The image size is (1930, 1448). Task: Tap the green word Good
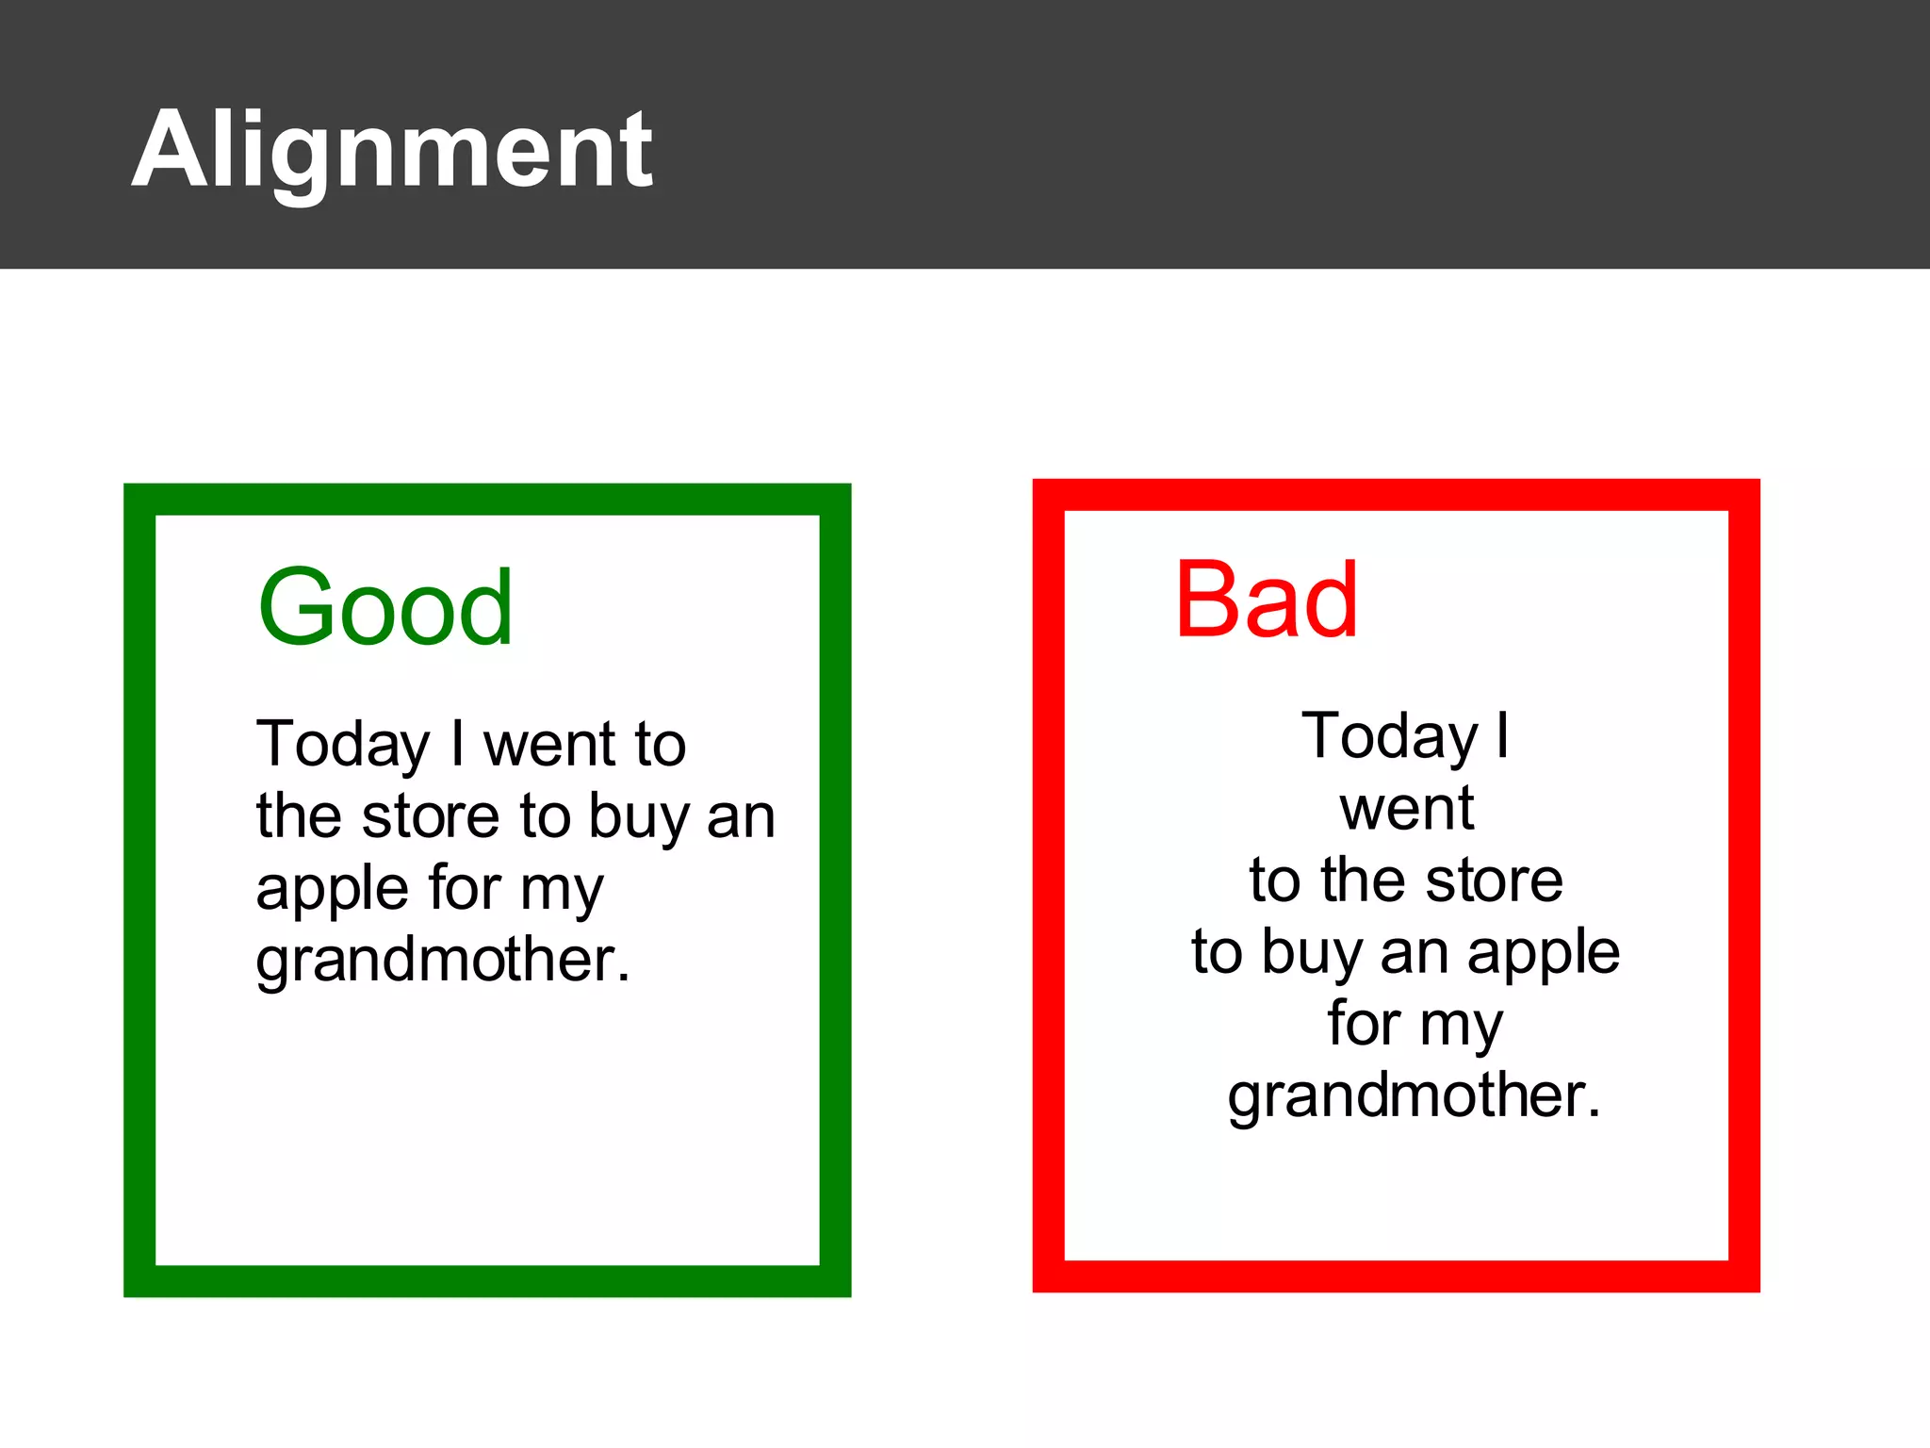tap(385, 608)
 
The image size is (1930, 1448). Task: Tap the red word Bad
tap(1266, 601)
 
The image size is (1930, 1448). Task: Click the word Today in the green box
tap(343, 745)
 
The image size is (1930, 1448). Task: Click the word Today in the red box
tap(1389, 736)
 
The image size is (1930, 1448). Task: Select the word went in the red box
tap(1406, 809)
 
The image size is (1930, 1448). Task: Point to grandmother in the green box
tap(442, 961)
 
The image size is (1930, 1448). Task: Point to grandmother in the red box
tap(1414, 1096)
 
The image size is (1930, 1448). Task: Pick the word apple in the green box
tap(333, 890)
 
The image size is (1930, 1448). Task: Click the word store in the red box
tap(1494, 880)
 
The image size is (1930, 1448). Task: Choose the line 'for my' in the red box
tap(1415, 1025)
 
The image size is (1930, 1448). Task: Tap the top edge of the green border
tap(487, 500)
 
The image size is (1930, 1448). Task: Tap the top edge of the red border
tap(1396, 495)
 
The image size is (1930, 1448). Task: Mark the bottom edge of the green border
tap(487, 1281)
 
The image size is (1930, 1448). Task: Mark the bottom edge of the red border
tap(1396, 1276)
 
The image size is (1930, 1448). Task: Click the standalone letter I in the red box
tap(1503, 734)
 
